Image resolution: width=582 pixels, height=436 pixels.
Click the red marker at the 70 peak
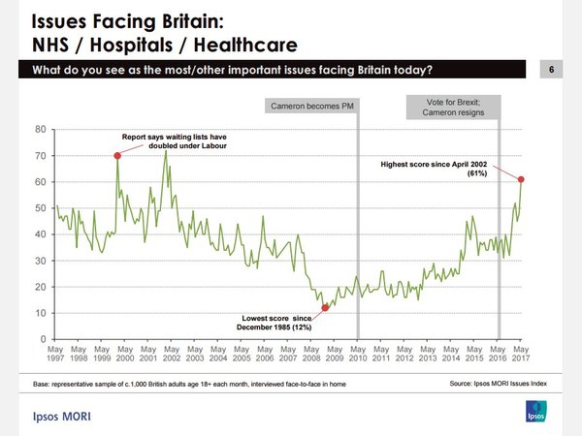coord(117,156)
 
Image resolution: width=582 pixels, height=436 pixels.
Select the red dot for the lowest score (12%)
coord(325,307)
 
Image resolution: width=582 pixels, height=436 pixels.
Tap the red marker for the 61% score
coord(522,179)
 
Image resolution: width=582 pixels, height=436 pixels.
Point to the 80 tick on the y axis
coord(40,129)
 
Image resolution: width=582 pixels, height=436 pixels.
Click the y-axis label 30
coord(40,261)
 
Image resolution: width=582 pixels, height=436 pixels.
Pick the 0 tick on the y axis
coord(43,339)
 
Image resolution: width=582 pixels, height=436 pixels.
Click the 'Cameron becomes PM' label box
coord(310,105)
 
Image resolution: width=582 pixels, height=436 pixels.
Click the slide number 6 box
coord(551,70)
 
